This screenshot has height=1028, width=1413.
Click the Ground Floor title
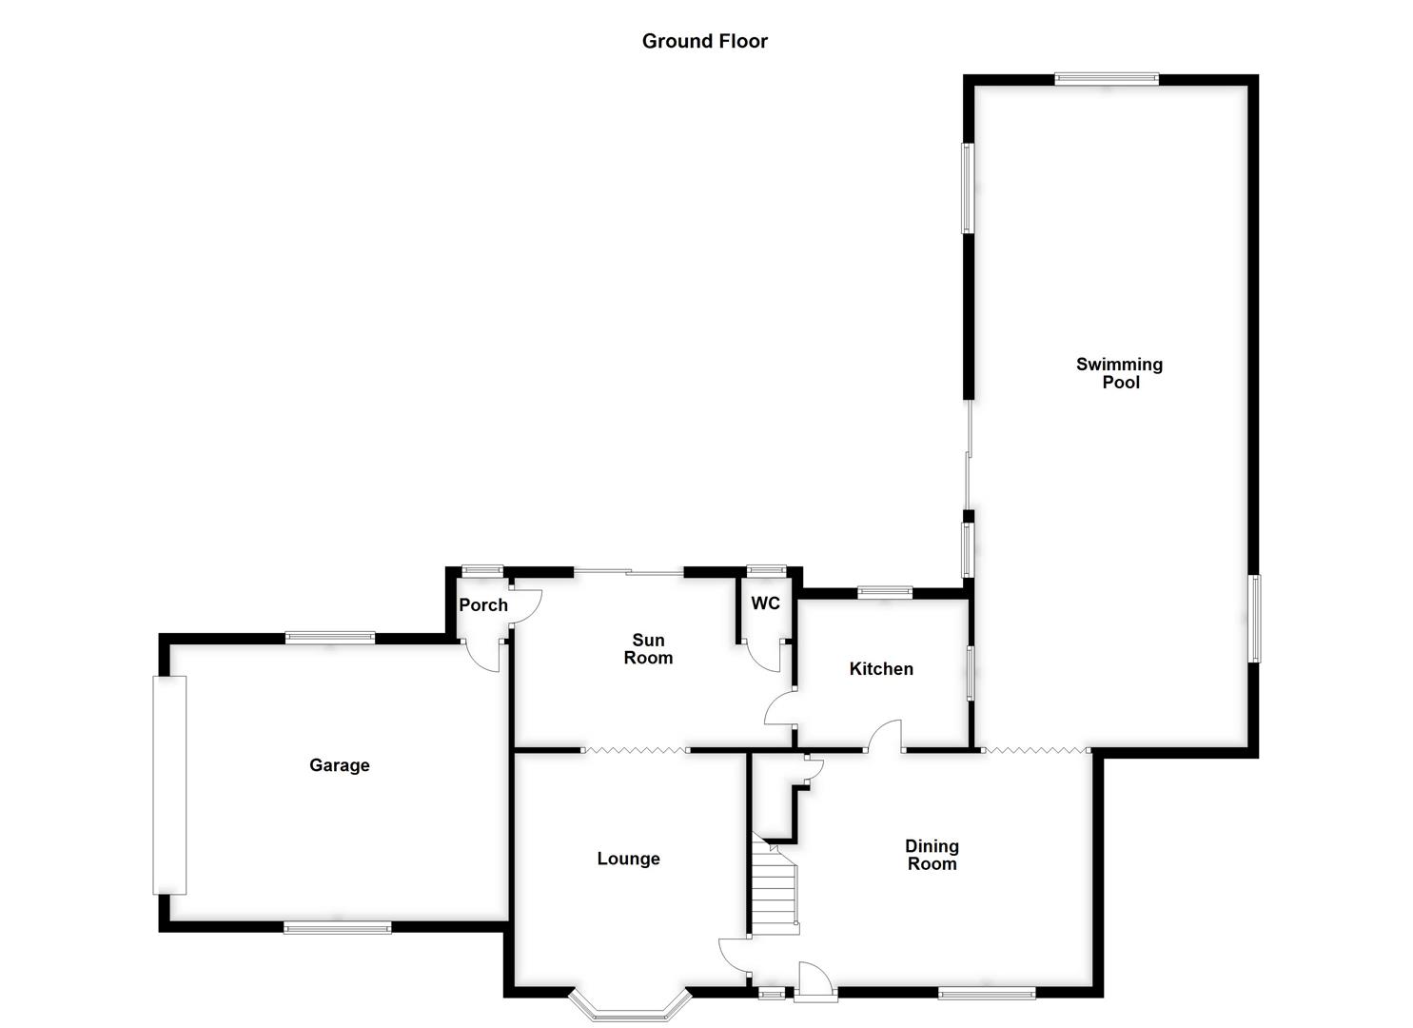tap(704, 41)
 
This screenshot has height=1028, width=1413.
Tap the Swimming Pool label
tap(1120, 373)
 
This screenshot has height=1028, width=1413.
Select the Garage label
tap(339, 765)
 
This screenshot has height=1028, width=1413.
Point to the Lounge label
tap(628, 859)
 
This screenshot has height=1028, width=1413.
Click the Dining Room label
tap(932, 855)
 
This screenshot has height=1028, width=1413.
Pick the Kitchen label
tap(881, 669)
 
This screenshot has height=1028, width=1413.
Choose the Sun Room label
tap(648, 649)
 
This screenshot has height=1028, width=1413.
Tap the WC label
tap(765, 603)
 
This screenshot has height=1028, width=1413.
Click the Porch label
tap(483, 605)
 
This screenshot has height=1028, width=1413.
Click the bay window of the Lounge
tap(628, 1007)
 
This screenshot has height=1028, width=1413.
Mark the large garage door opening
tap(170, 784)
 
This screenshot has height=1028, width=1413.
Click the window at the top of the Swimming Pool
tap(1106, 80)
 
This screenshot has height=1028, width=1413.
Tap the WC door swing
tap(763, 657)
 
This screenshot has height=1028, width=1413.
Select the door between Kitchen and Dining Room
tap(886, 736)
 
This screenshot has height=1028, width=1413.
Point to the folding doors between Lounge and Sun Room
tap(635, 751)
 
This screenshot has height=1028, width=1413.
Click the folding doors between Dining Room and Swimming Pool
tap(1034, 751)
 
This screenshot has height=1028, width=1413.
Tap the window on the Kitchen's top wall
tap(885, 592)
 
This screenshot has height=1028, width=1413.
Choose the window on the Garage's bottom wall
tap(337, 926)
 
